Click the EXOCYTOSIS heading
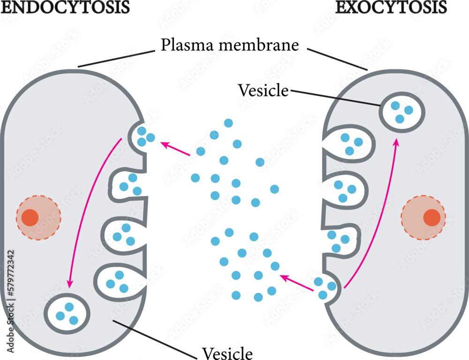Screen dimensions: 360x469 point(390,7)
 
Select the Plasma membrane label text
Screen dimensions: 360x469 point(229,45)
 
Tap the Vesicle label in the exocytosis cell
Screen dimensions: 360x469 point(263,90)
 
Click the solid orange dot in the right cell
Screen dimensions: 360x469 point(431,217)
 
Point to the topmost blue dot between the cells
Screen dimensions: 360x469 point(228,123)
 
